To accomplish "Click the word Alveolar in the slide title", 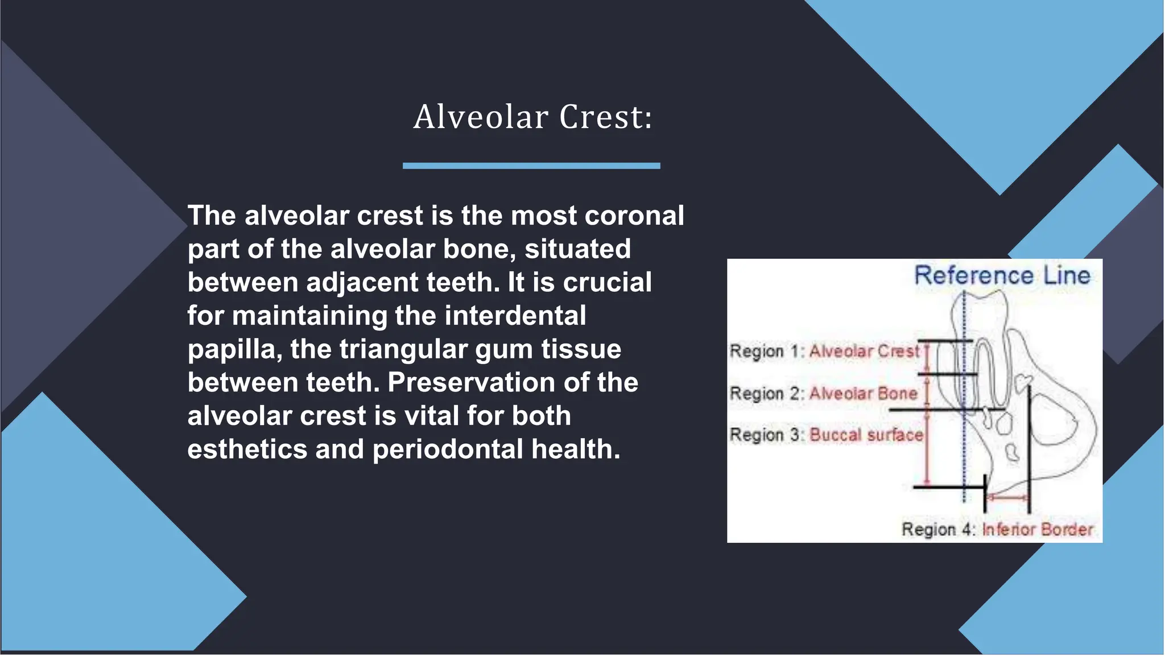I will (x=481, y=117).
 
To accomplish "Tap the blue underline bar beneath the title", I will (x=531, y=166).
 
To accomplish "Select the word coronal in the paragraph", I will (x=634, y=216).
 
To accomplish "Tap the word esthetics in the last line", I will (x=247, y=449).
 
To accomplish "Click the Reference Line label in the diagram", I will (x=1002, y=275).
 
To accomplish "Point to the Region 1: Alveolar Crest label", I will (x=824, y=351).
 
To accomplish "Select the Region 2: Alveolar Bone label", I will (x=823, y=393).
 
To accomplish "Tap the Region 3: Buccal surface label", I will (x=826, y=435).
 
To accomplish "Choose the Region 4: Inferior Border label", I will (x=997, y=529).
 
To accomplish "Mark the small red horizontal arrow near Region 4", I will (x=1007, y=497).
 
